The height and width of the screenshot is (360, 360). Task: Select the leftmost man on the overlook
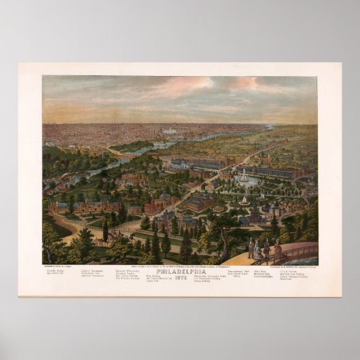click(x=251, y=249)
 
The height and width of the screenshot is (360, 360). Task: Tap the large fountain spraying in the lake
click(x=243, y=178)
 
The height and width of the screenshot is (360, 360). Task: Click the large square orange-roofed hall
click(x=198, y=201)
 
